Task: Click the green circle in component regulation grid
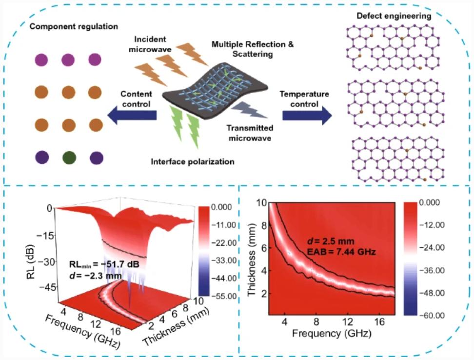pos(68,158)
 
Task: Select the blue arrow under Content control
pos(133,115)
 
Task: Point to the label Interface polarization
pos(192,161)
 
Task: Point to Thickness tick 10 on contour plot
pos(262,202)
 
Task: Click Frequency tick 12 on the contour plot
pos(347,323)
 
